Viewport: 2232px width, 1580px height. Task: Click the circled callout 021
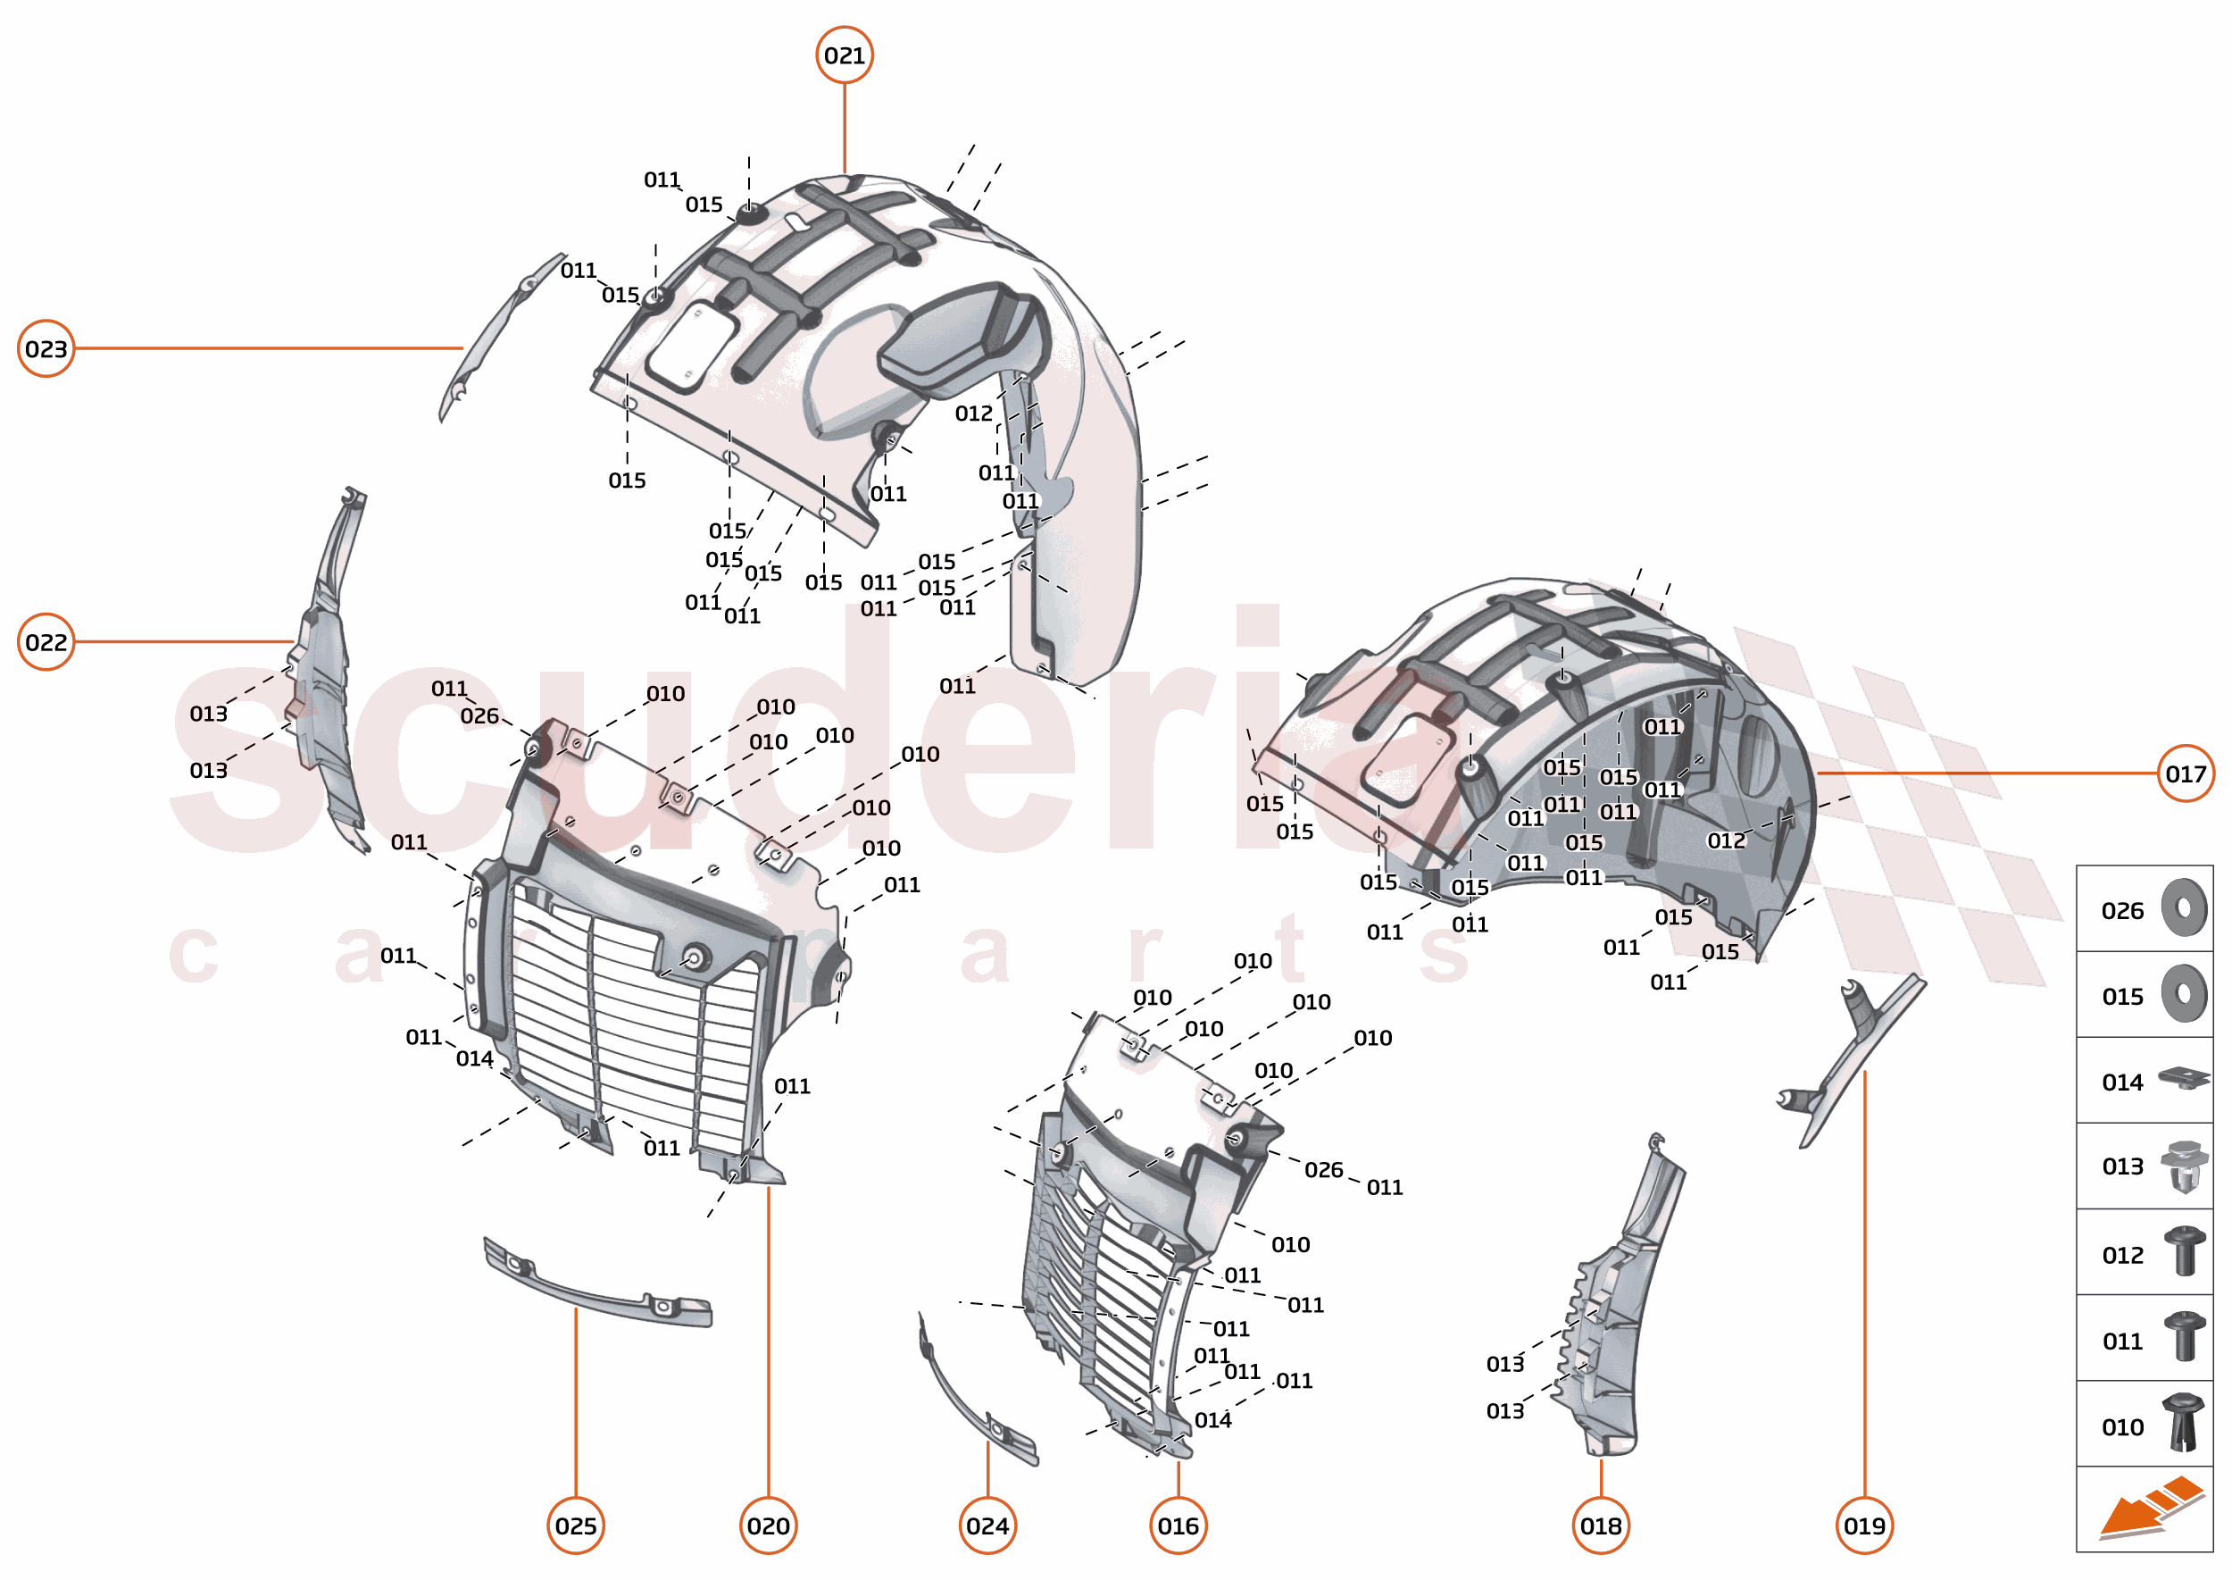(x=845, y=55)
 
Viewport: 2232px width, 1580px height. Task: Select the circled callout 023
(x=46, y=348)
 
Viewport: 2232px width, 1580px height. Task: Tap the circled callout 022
(x=46, y=642)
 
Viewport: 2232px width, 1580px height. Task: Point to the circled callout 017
(x=2186, y=774)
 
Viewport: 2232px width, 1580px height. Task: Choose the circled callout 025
(x=576, y=1526)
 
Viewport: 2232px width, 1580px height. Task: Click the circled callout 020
(x=769, y=1526)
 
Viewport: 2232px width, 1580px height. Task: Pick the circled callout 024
(x=987, y=1526)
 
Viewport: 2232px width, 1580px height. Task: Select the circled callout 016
(x=1178, y=1526)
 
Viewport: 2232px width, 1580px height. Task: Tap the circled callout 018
(x=1601, y=1526)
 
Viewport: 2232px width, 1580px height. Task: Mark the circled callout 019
(x=1864, y=1526)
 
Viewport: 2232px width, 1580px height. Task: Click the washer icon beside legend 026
(x=2185, y=908)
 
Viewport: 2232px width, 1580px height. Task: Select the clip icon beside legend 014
(x=2185, y=1079)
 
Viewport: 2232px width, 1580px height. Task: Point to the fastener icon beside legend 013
(x=2185, y=1166)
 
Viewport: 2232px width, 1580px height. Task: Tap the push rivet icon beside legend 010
(x=2185, y=1424)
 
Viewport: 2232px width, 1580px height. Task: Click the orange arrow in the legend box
(x=2150, y=1508)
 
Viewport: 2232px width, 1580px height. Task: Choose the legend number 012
(x=2122, y=1256)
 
